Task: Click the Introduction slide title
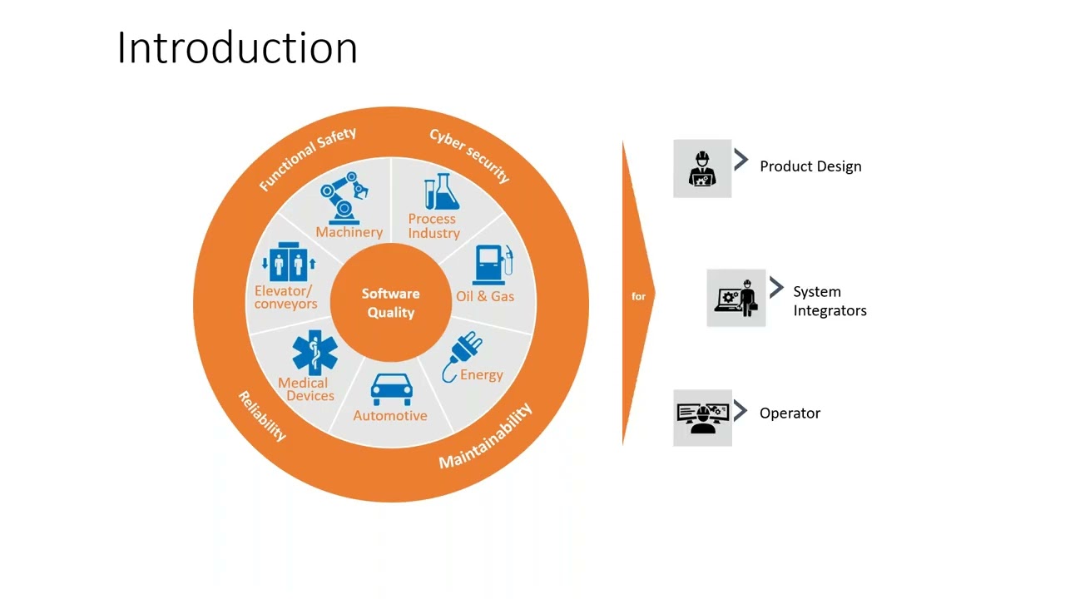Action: click(x=237, y=47)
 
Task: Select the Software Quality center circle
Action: click(x=390, y=303)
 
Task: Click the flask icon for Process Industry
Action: click(x=441, y=192)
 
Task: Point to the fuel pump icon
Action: click(x=492, y=265)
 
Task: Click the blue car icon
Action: click(x=391, y=389)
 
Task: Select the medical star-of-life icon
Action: click(x=315, y=352)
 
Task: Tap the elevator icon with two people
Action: click(x=288, y=264)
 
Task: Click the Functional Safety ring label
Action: click(x=308, y=158)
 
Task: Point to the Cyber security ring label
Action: click(x=469, y=156)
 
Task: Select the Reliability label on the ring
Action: click(x=262, y=415)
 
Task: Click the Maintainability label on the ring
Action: click(x=485, y=437)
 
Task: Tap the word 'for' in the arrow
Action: click(x=638, y=296)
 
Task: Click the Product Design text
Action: click(x=810, y=166)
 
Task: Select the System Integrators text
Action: click(x=830, y=301)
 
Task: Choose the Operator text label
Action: click(x=790, y=413)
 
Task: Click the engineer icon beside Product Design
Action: click(x=702, y=169)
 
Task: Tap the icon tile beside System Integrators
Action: click(x=736, y=298)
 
